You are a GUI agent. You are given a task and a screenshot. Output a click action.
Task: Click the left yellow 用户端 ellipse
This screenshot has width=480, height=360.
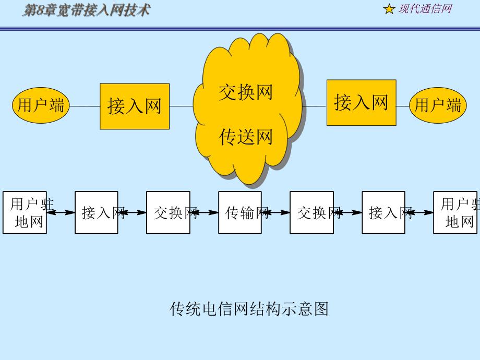point(41,106)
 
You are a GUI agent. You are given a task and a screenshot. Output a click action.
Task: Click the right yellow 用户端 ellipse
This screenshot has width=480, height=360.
point(437,106)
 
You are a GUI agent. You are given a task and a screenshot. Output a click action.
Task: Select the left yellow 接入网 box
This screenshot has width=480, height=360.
point(135,106)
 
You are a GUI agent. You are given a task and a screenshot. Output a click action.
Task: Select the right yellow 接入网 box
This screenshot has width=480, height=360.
point(361,102)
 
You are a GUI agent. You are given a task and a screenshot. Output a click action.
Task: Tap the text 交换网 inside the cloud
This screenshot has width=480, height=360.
point(245,92)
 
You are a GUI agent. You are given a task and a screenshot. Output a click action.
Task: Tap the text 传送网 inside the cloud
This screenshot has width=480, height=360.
point(245,137)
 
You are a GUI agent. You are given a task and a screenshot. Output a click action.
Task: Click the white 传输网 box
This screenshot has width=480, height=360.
point(240,212)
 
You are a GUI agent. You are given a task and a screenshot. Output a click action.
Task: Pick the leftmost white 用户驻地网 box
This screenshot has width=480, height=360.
point(24,212)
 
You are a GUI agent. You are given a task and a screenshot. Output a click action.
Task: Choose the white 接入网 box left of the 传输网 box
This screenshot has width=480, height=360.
point(97,212)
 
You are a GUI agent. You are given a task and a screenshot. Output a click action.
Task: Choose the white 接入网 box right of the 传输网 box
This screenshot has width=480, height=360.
point(383,212)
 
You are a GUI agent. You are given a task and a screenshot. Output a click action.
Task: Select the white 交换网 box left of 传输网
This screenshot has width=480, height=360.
point(168,212)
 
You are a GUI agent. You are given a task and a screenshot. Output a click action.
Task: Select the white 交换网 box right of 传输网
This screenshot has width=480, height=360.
point(311,212)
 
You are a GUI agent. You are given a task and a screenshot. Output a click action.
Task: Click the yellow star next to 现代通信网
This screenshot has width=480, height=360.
point(389,9)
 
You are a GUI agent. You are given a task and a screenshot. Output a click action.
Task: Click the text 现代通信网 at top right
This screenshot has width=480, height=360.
point(425,9)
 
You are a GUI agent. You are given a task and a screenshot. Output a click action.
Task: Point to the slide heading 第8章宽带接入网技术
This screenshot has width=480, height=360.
point(86,9)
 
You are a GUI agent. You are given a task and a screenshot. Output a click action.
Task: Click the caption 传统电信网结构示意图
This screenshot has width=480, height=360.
point(249,309)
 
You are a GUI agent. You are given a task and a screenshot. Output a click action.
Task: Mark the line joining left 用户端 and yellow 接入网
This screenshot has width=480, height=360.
point(85,106)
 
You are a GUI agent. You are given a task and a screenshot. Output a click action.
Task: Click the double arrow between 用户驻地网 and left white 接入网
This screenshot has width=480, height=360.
point(61,212)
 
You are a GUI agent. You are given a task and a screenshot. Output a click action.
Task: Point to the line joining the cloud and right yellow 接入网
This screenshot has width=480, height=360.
point(314,106)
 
